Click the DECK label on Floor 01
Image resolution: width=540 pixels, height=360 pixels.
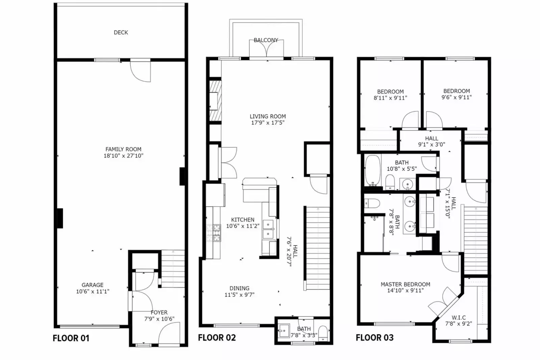[x=121, y=32]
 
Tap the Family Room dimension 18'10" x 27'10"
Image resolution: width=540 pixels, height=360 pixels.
[x=123, y=156]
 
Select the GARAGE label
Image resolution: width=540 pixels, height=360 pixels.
[x=92, y=285]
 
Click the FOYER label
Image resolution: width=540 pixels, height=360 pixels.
[x=159, y=313]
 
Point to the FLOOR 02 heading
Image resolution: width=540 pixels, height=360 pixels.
[x=217, y=337]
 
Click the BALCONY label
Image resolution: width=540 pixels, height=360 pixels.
[x=266, y=40]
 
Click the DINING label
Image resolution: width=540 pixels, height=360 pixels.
[x=239, y=288]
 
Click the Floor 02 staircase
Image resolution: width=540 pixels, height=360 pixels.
[x=317, y=248]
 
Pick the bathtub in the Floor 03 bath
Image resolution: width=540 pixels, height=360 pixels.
[x=372, y=170]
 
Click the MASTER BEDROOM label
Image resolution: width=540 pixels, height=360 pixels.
[x=405, y=284]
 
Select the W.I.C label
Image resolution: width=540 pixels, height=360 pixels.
[x=459, y=318]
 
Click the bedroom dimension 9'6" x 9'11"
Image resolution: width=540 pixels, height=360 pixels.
[x=457, y=97]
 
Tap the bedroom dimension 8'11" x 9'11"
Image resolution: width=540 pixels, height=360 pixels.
[x=390, y=98]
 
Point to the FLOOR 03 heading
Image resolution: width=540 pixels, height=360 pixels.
[x=375, y=337]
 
